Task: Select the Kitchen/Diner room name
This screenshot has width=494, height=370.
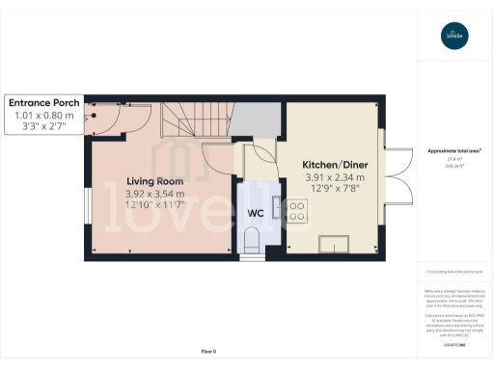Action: click(x=334, y=165)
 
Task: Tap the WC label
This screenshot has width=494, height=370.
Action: click(x=257, y=212)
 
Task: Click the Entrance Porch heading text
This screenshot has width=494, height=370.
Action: click(x=44, y=102)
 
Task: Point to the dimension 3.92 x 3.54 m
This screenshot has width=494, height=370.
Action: click(x=154, y=194)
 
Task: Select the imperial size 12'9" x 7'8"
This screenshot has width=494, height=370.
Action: click(x=334, y=189)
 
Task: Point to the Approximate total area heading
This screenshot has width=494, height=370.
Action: click(x=454, y=151)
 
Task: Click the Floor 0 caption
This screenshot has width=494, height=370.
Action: click(x=208, y=351)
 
